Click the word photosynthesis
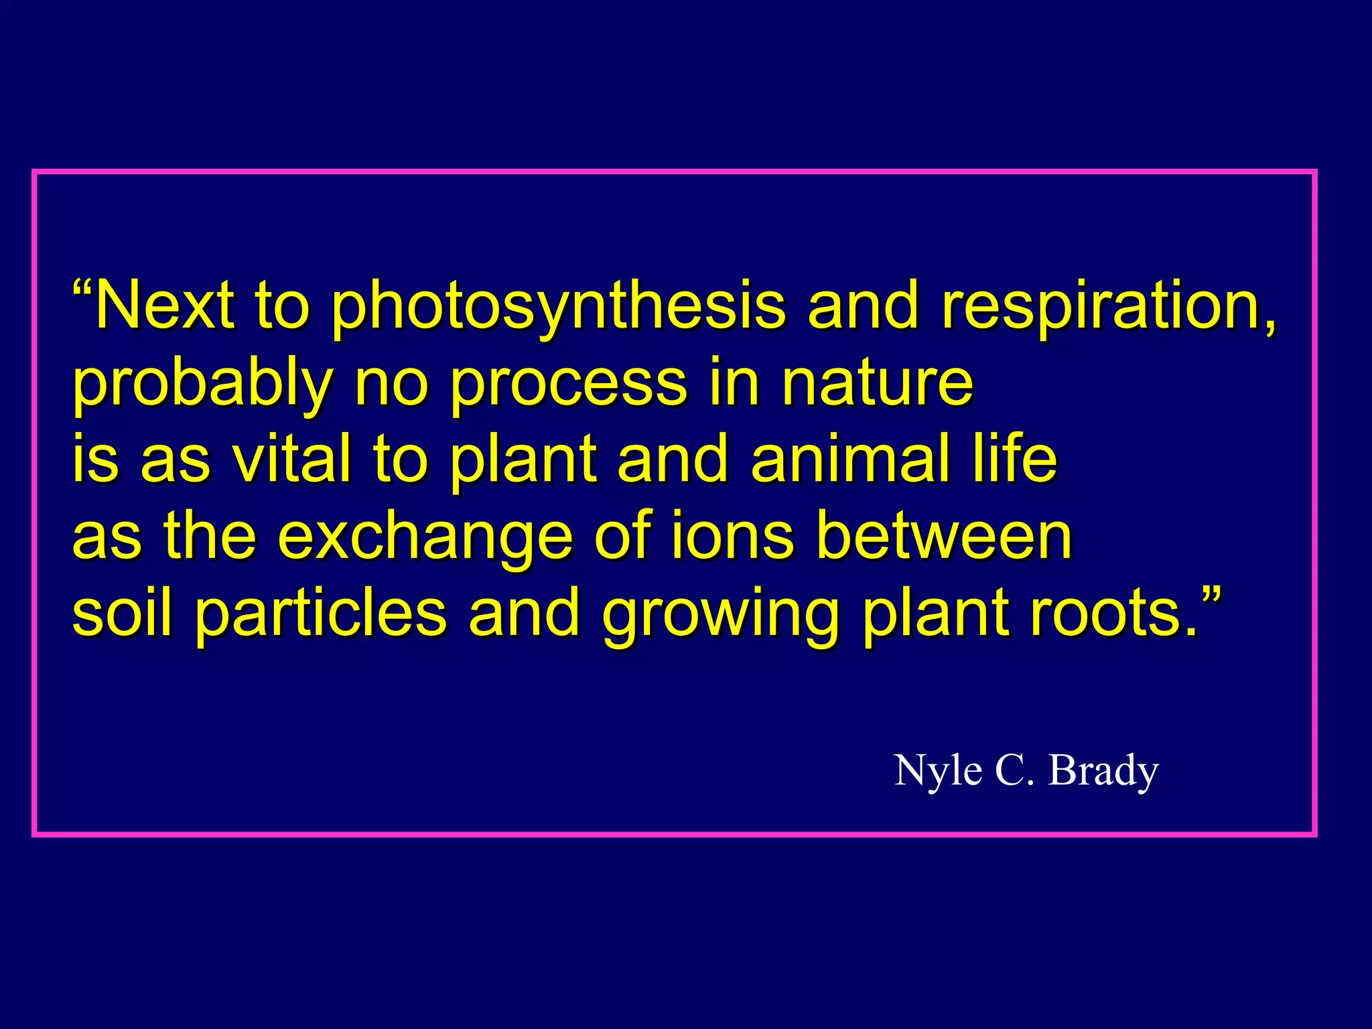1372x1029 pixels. click(x=557, y=307)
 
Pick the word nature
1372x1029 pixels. click(x=877, y=383)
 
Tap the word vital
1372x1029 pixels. click(x=291, y=459)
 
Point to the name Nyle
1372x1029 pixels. click(x=938, y=771)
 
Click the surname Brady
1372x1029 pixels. click(x=1103, y=771)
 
